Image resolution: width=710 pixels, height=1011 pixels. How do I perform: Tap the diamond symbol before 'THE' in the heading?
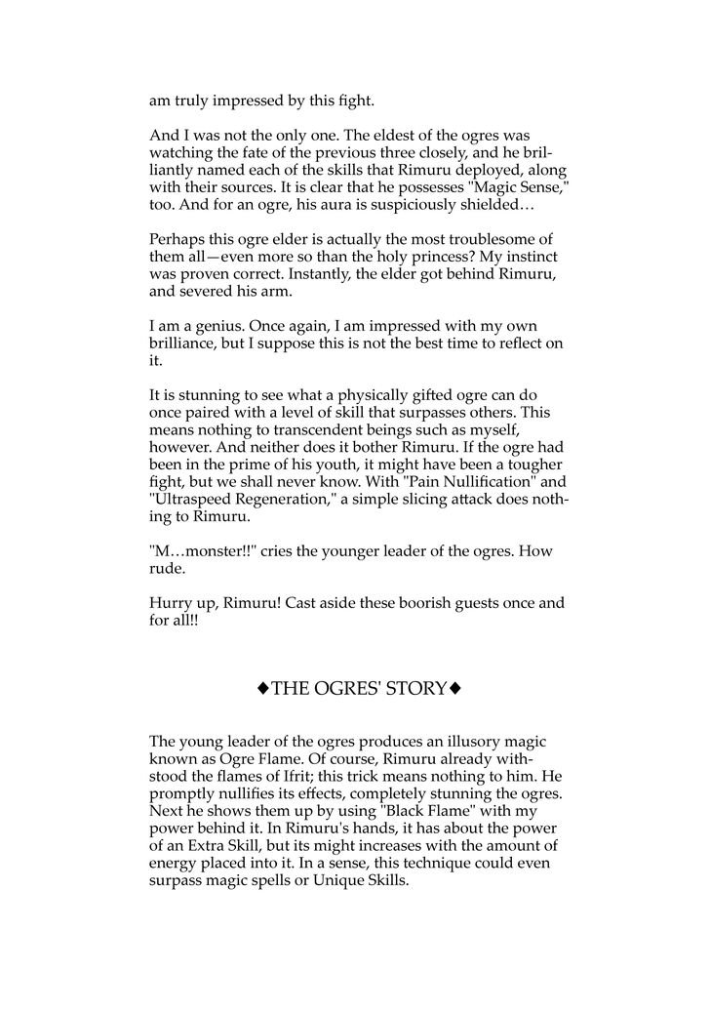[x=262, y=690]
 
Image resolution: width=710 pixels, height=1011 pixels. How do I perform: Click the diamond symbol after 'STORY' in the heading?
[x=455, y=690]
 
